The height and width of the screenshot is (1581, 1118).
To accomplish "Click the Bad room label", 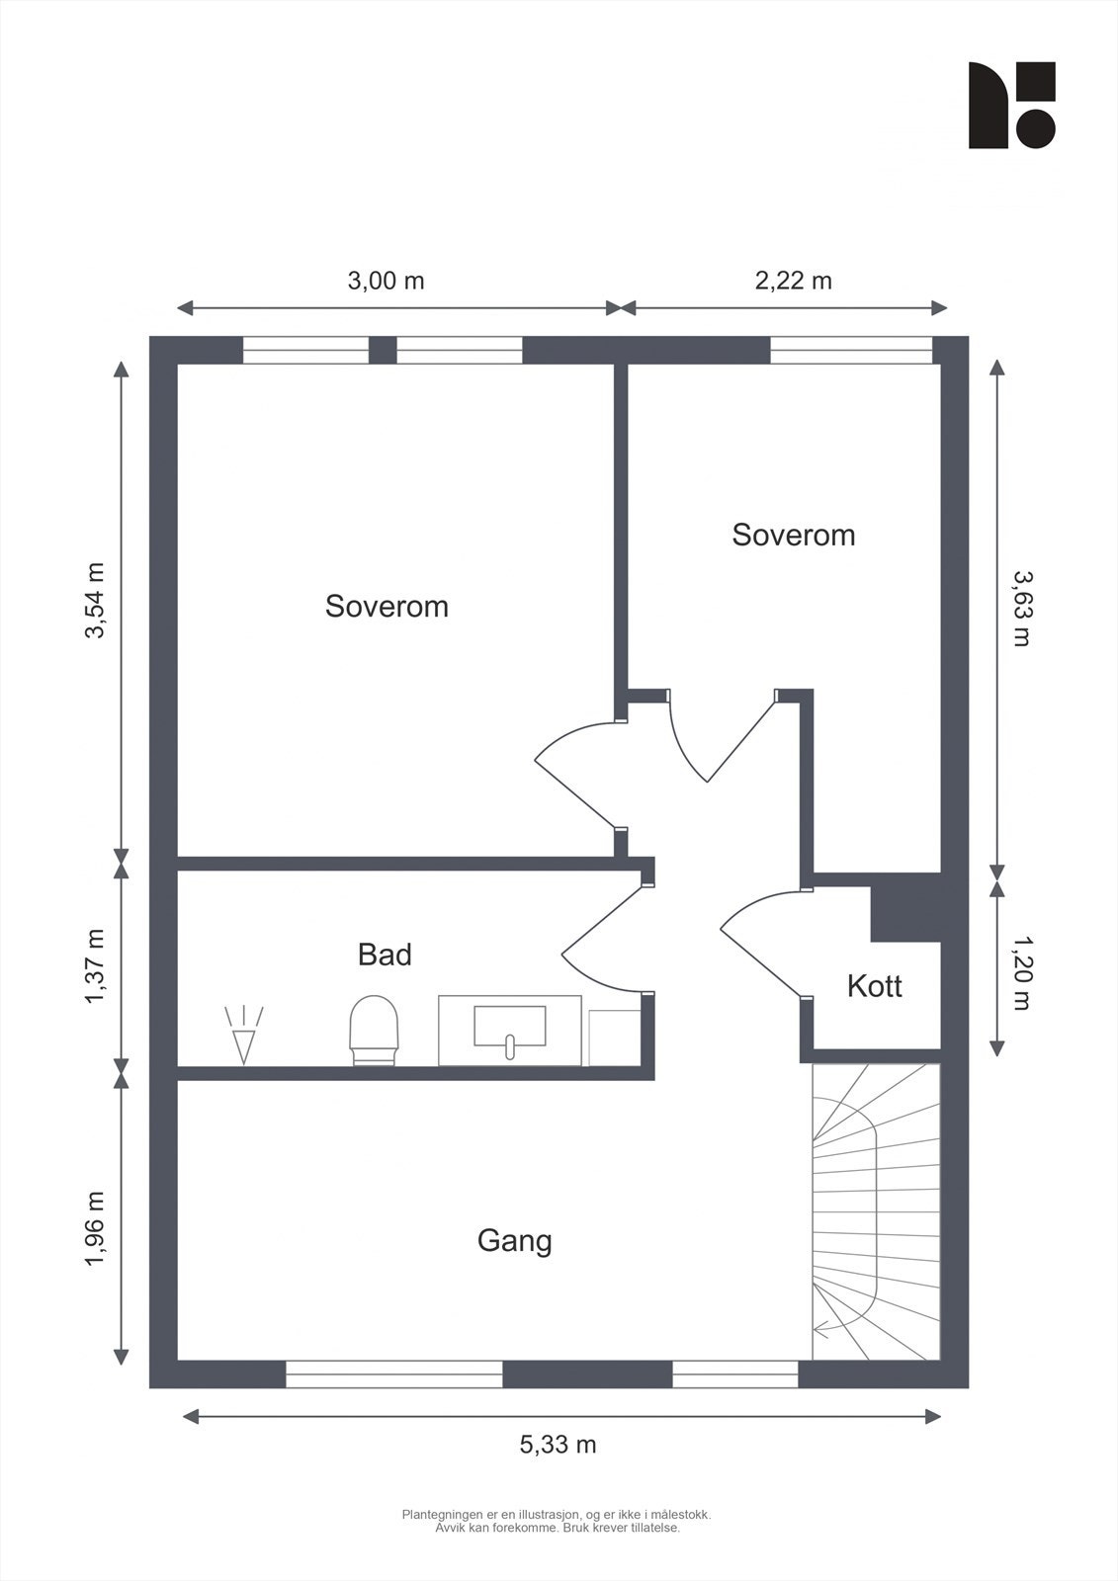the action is (x=385, y=955).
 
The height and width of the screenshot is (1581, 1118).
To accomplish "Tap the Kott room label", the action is (x=875, y=986).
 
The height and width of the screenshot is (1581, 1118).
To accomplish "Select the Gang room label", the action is (x=514, y=1241).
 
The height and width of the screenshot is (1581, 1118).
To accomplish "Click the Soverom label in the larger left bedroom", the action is (x=387, y=607).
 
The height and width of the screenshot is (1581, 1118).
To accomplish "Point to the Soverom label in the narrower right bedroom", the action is (x=793, y=535).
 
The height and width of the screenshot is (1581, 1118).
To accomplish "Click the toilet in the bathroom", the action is (x=375, y=1030).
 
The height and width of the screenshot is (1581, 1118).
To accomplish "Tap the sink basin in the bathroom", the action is (x=510, y=1027).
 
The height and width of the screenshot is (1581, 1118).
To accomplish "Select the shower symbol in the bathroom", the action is (x=243, y=1035).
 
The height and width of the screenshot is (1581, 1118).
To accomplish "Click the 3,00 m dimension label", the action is (x=386, y=281).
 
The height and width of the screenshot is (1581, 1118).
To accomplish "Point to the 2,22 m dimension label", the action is (x=793, y=281).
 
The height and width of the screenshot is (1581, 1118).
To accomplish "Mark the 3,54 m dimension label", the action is (x=95, y=601).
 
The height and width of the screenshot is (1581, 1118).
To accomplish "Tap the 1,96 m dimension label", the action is (x=95, y=1229).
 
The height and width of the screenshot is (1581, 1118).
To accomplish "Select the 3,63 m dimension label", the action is (x=1022, y=609).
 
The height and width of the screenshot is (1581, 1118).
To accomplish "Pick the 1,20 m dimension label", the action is (x=1022, y=972).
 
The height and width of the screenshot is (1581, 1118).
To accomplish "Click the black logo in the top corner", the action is (x=1012, y=105).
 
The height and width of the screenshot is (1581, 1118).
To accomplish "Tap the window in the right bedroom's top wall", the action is (x=851, y=350).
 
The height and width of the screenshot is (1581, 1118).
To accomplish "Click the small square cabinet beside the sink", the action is (x=615, y=1038).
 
